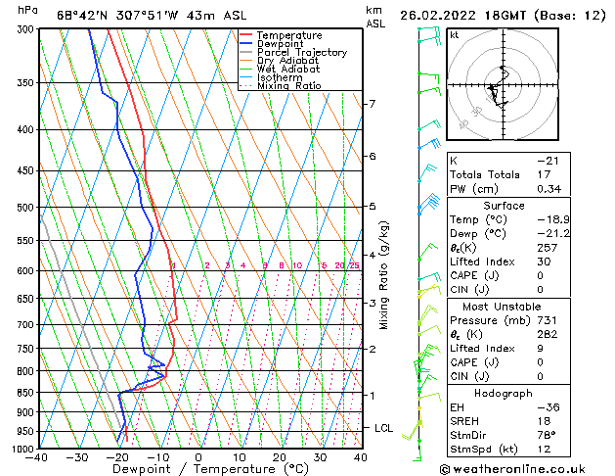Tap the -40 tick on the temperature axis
tap(38, 456)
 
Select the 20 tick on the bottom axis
tap(280, 456)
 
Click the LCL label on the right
tap(384, 428)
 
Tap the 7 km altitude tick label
tap(372, 104)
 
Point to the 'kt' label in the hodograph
tap(454, 34)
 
